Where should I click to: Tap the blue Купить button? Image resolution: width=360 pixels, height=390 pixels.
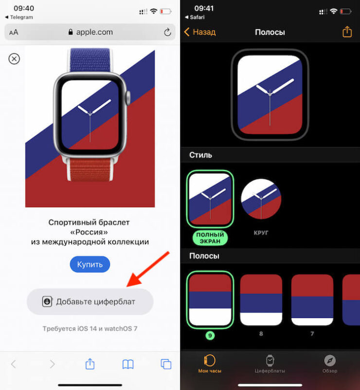(x=90, y=264)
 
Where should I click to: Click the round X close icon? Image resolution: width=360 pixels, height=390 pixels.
(x=15, y=59)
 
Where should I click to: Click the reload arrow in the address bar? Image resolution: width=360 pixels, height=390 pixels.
(x=167, y=32)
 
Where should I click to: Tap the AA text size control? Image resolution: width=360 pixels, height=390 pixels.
(x=14, y=33)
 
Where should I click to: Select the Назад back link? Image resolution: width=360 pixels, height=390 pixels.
(x=199, y=32)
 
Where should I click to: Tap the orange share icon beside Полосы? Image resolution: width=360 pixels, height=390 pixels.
(x=347, y=32)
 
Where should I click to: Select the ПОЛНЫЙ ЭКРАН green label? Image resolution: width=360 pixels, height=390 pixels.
(x=211, y=238)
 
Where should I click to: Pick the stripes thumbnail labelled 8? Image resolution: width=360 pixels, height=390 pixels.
(x=261, y=299)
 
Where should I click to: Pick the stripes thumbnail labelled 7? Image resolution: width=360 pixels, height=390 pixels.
(x=312, y=299)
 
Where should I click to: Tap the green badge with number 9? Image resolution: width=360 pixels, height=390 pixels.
(x=211, y=335)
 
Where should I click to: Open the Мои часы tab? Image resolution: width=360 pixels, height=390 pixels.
(x=210, y=364)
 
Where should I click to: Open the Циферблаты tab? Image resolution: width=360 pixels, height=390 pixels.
(x=270, y=364)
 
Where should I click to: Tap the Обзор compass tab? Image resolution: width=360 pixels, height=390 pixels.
(x=330, y=364)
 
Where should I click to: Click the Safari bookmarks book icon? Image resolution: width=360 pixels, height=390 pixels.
(x=128, y=364)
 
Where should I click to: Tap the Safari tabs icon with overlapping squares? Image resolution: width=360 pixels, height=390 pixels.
(x=166, y=364)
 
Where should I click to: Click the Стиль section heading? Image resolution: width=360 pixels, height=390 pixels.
(x=200, y=155)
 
